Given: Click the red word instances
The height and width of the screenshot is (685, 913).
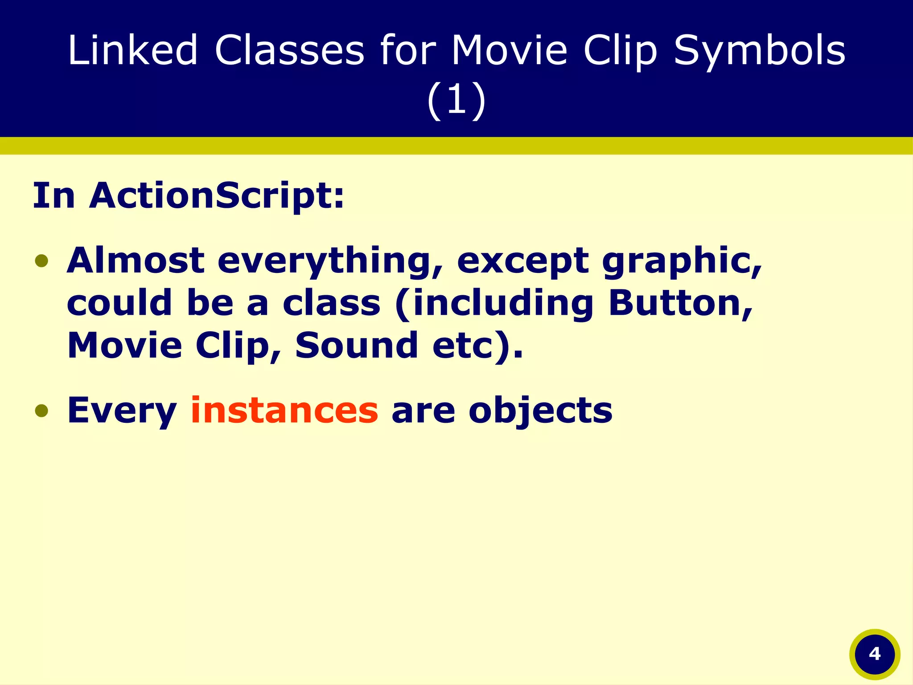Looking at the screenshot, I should pyautogui.click(x=284, y=410).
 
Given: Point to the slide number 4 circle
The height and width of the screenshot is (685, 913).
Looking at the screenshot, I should pyautogui.click(x=875, y=654).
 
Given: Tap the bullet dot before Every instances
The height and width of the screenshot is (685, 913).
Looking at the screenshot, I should pyautogui.click(x=41, y=410).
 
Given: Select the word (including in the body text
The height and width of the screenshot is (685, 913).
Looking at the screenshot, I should pyautogui.click(x=494, y=304).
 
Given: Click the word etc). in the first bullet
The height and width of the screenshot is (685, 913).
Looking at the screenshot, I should pyautogui.click(x=477, y=346).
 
